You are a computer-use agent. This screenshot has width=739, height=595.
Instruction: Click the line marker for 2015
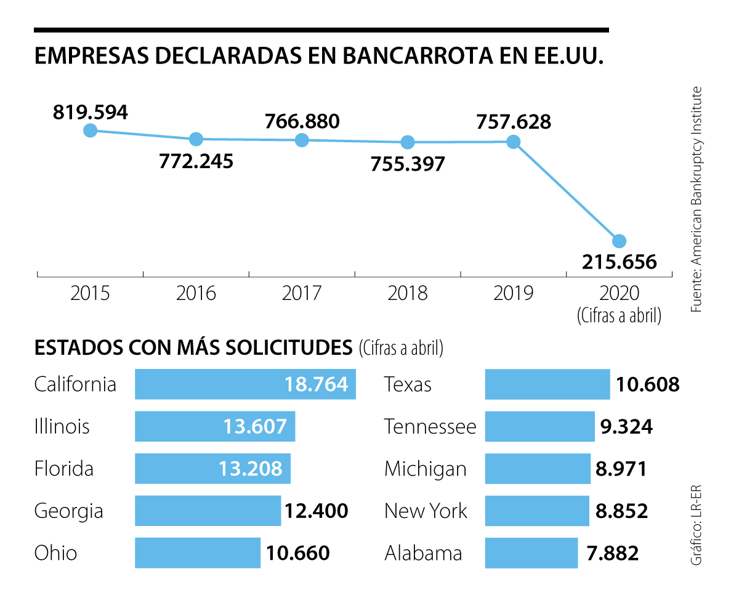[91, 130]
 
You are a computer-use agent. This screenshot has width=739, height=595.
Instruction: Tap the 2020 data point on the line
[619, 240]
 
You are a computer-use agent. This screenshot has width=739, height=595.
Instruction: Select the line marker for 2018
[408, 142]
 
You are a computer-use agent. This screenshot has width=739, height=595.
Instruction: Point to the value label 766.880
[302, 121]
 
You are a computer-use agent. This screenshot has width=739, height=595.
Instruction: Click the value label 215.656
[619, 262]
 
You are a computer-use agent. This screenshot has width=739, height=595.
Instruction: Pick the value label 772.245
[196, 161]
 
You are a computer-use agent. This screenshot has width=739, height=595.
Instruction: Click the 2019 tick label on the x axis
[513, 293]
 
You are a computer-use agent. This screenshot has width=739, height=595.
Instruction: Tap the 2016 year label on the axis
[196, 293]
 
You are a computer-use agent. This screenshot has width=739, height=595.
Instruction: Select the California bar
[245, 384]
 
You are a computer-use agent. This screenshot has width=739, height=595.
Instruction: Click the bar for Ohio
[197, 552]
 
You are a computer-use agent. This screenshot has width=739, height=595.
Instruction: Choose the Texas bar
[547, 384]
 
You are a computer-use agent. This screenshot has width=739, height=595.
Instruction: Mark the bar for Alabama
[531, 552]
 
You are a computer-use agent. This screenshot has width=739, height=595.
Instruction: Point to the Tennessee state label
[430, 426]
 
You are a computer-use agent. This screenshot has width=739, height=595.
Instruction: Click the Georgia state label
[68, 511]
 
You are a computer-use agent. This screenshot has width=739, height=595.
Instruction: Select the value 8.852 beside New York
[621, 511]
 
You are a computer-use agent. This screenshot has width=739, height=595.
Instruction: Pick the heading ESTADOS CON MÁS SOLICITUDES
[193, 347]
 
